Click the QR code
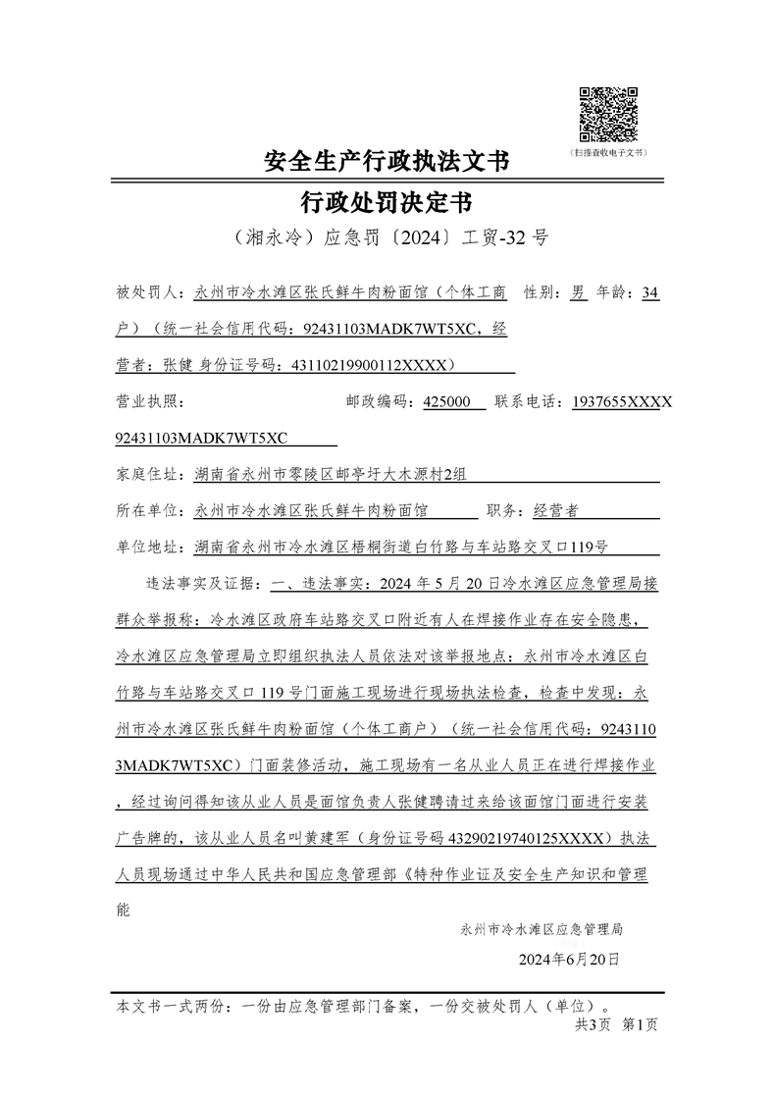click(x=607, y=114)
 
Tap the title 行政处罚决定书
click(x=387, y=203)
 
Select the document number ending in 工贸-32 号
click(x=387, y=239)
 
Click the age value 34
click(x=649, y=292)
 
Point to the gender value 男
click(x=579, y=292)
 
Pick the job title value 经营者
click(x=555, y=511)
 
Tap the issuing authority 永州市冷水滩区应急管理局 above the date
click(x=542, y=927)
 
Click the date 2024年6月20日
click(x=569, y=959)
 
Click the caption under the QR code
click(x=607, y=153)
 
